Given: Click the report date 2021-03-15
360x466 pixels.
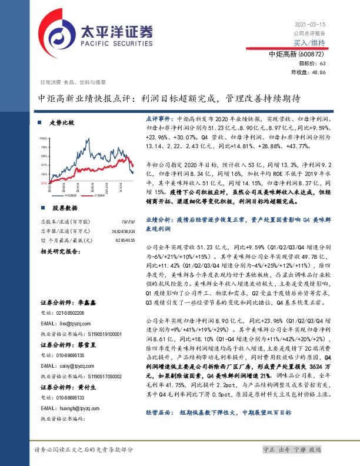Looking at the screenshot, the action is (309, 24).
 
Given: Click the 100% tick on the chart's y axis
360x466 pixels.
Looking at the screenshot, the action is (44, 138).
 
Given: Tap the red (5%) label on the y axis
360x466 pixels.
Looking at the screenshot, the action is (44, 183).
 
